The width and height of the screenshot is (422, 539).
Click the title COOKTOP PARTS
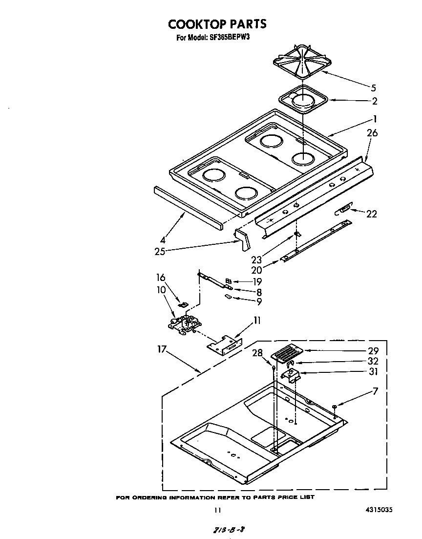[217, 24]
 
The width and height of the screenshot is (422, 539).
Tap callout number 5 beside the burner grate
[373, 88]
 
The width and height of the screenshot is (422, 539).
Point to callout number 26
[372, 133]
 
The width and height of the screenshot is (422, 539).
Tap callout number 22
[372, 214]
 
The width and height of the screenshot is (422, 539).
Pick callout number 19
[257, 281]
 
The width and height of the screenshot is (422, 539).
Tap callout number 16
[161, 278]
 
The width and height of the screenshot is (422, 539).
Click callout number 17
[163, 350]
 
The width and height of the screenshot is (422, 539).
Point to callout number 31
[374, 371]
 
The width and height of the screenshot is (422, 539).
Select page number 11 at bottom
[218, 510]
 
